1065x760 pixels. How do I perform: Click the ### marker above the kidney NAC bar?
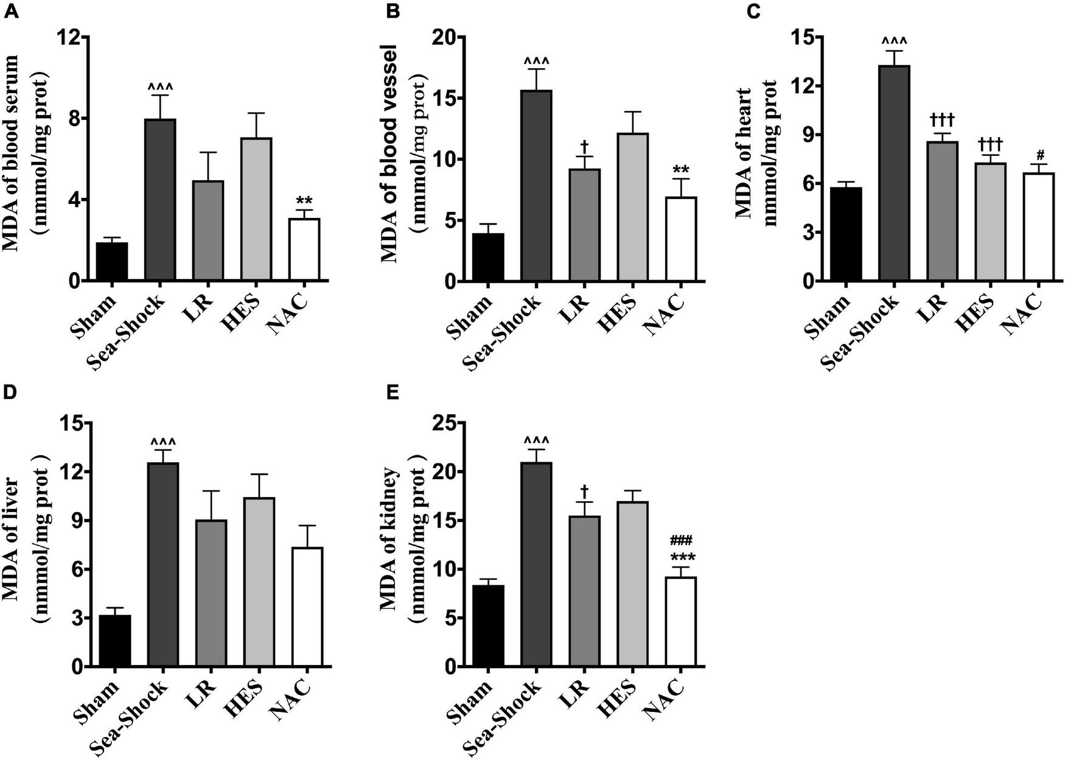pos(681,540)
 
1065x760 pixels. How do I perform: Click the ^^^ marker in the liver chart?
pos(162,442)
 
